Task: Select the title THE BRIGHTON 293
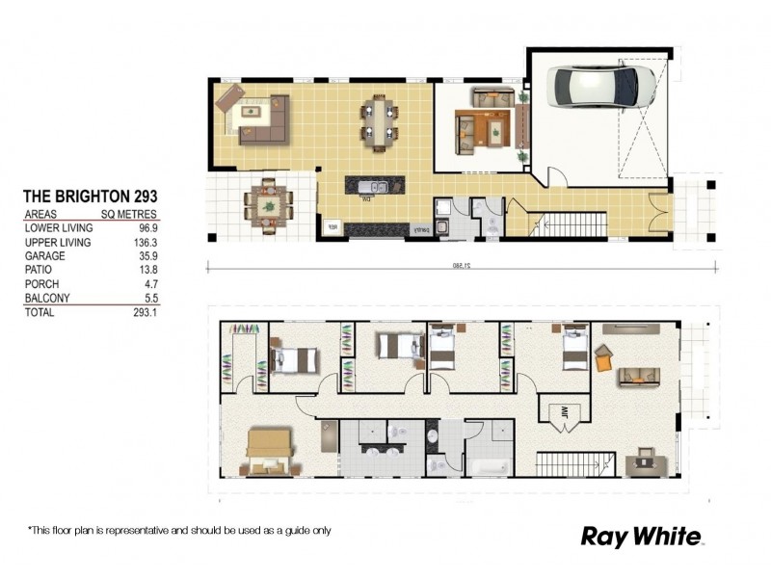91,195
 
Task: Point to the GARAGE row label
45,256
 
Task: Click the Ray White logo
642,537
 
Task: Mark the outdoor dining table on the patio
265,204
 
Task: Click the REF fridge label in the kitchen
332,227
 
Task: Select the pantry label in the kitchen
421,229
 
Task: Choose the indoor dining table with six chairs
379,123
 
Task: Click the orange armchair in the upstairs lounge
603,360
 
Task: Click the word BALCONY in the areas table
47,300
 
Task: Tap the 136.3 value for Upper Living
141,242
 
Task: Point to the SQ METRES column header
129,214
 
